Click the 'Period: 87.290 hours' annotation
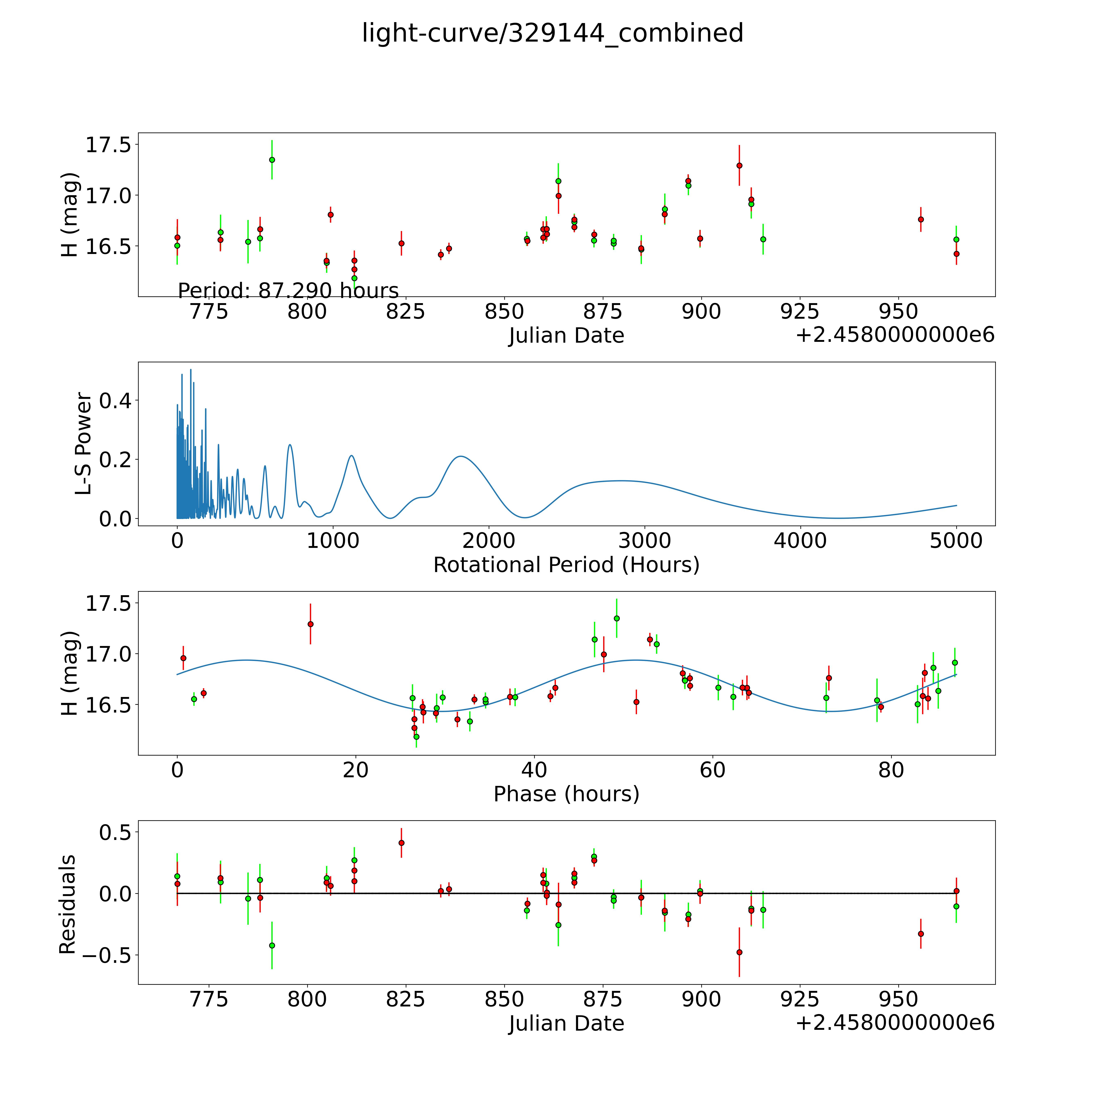[288, 291]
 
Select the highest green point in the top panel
[272, 160]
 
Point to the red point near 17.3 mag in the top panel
[739, 165]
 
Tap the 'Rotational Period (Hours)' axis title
[566, 565]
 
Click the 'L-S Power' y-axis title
[83, 444]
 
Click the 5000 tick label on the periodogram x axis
[956, 541]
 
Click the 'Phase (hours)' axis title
[566, 794]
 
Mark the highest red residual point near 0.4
[401, 843]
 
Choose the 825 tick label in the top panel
[405, 312]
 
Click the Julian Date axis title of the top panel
[566, 335]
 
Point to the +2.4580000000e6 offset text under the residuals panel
[895, 1023]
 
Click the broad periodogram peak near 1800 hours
[461, 456]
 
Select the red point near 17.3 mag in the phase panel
[310, 624]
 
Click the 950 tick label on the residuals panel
[898, 999]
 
